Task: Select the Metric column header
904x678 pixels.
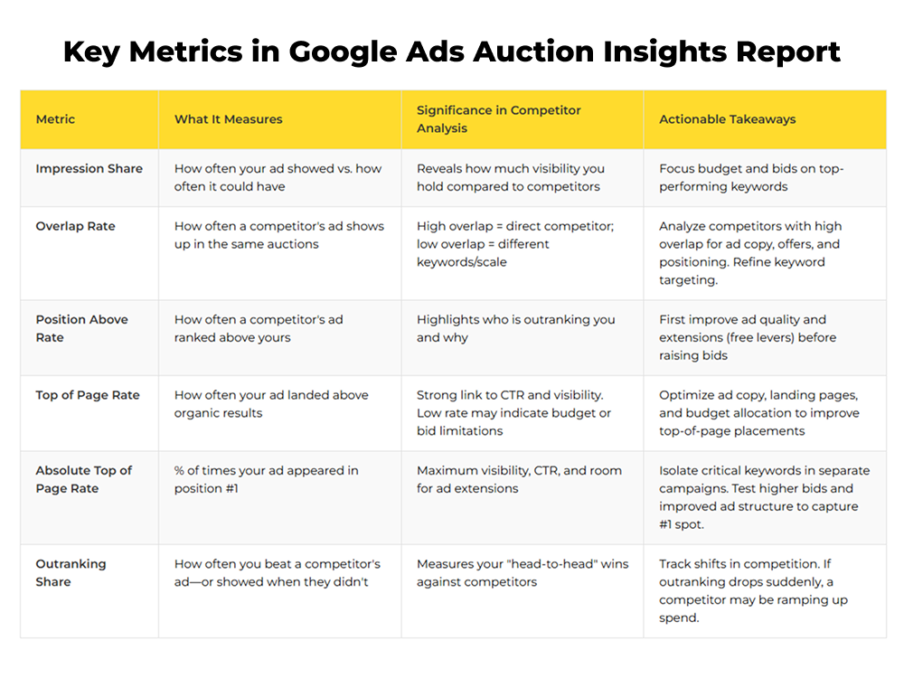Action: point(56,119)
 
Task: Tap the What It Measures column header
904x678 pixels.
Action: point(228,119)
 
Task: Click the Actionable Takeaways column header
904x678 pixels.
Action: point(728,119)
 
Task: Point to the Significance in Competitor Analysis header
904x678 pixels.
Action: point(498,119)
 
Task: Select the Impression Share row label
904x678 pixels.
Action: point(89,168)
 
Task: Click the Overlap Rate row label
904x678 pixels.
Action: point(77,226)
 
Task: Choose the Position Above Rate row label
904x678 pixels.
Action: point(81,328)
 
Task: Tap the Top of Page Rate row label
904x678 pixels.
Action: point(88,395)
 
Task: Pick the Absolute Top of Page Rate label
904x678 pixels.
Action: point(83,479)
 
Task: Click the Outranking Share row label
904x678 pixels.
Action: point(71,572)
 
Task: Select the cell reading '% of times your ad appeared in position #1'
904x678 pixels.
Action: point(266,479)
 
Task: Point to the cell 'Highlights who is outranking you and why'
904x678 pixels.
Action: point(515,328)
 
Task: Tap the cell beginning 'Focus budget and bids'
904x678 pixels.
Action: point(751,177)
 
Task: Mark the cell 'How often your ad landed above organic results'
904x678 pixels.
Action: point(271,404)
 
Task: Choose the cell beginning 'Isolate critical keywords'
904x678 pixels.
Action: point(763,497)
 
